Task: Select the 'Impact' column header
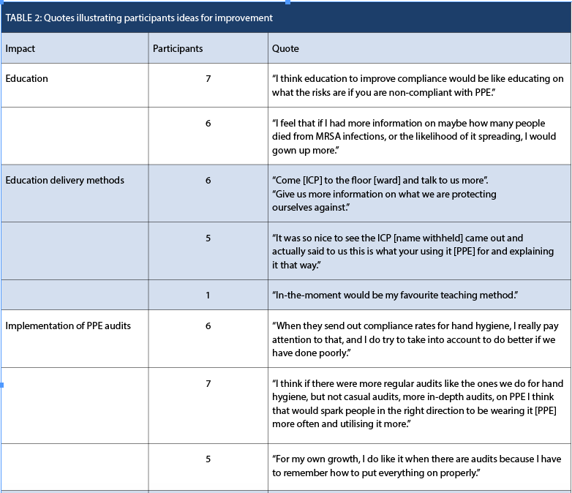[20, 49]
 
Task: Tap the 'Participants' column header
[177, 49]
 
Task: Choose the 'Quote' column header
[285, 49]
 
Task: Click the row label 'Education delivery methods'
[64, 180]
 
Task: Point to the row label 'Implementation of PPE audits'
[68, 325]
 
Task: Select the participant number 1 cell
[208, 294]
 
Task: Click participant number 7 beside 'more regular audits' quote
[208, 383]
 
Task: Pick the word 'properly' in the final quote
[459, 473]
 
